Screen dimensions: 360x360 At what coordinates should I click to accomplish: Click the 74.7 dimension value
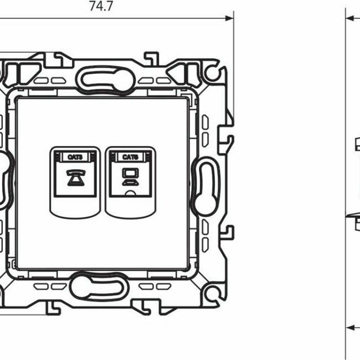click(98, 7)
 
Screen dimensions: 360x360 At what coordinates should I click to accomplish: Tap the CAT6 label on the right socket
click(130, 157)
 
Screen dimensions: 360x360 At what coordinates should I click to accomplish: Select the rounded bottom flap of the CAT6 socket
click(130, 206)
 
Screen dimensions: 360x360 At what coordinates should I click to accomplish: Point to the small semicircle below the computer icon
click(130, 193)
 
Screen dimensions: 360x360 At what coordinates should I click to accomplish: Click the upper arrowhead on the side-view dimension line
click(350, 18)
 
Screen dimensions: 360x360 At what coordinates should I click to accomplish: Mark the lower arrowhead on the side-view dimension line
click(350, 328)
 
